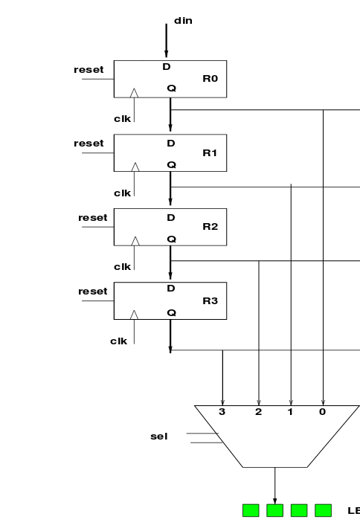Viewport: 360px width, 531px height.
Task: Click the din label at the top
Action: pyautogui.click(x=183, y=21)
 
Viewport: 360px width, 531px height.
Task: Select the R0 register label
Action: pyautogui.click(x=210, y=78)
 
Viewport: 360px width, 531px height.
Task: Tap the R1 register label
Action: pyautogui.click(x=210, y=152)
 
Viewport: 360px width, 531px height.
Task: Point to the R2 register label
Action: pyautogui.click(x=210, y=226)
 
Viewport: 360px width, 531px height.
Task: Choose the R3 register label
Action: pyautogui.click(x=210, y=300)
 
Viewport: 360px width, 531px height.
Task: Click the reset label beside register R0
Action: pyautogui.click(x=89, y=70)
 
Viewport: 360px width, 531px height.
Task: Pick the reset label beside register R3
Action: pyautogui.click(x=93, y=292)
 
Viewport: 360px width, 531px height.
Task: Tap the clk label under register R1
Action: pyautogui.click(x=122, y=193)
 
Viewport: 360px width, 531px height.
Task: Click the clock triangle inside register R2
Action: pyautogui.click(x=135, y=241)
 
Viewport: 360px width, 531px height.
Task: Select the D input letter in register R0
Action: pyautogui.click(x=167, y=67)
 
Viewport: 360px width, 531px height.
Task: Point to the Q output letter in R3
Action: pyautogui.click(x=171, y=312)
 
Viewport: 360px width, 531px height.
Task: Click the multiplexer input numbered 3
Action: pyautogui.click(x=222, y=411)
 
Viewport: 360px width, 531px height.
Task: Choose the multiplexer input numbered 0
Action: pyautogui.click(x=322, y=411)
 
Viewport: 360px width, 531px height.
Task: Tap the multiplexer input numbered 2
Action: pyautogui.click(x=258, y=411)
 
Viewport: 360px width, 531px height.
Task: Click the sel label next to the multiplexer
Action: pyautogui.click(x=159, y=437)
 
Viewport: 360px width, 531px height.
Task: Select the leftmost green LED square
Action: pyautogui.click(x=251, y=510)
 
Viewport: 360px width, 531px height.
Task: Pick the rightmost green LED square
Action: pyautogui.click(x=323, y=510)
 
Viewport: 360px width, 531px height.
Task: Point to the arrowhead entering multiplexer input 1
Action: pyautogui.click(x=291, y=401)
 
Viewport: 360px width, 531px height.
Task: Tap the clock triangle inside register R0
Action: pyautogui.click(x=135, y=93)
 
